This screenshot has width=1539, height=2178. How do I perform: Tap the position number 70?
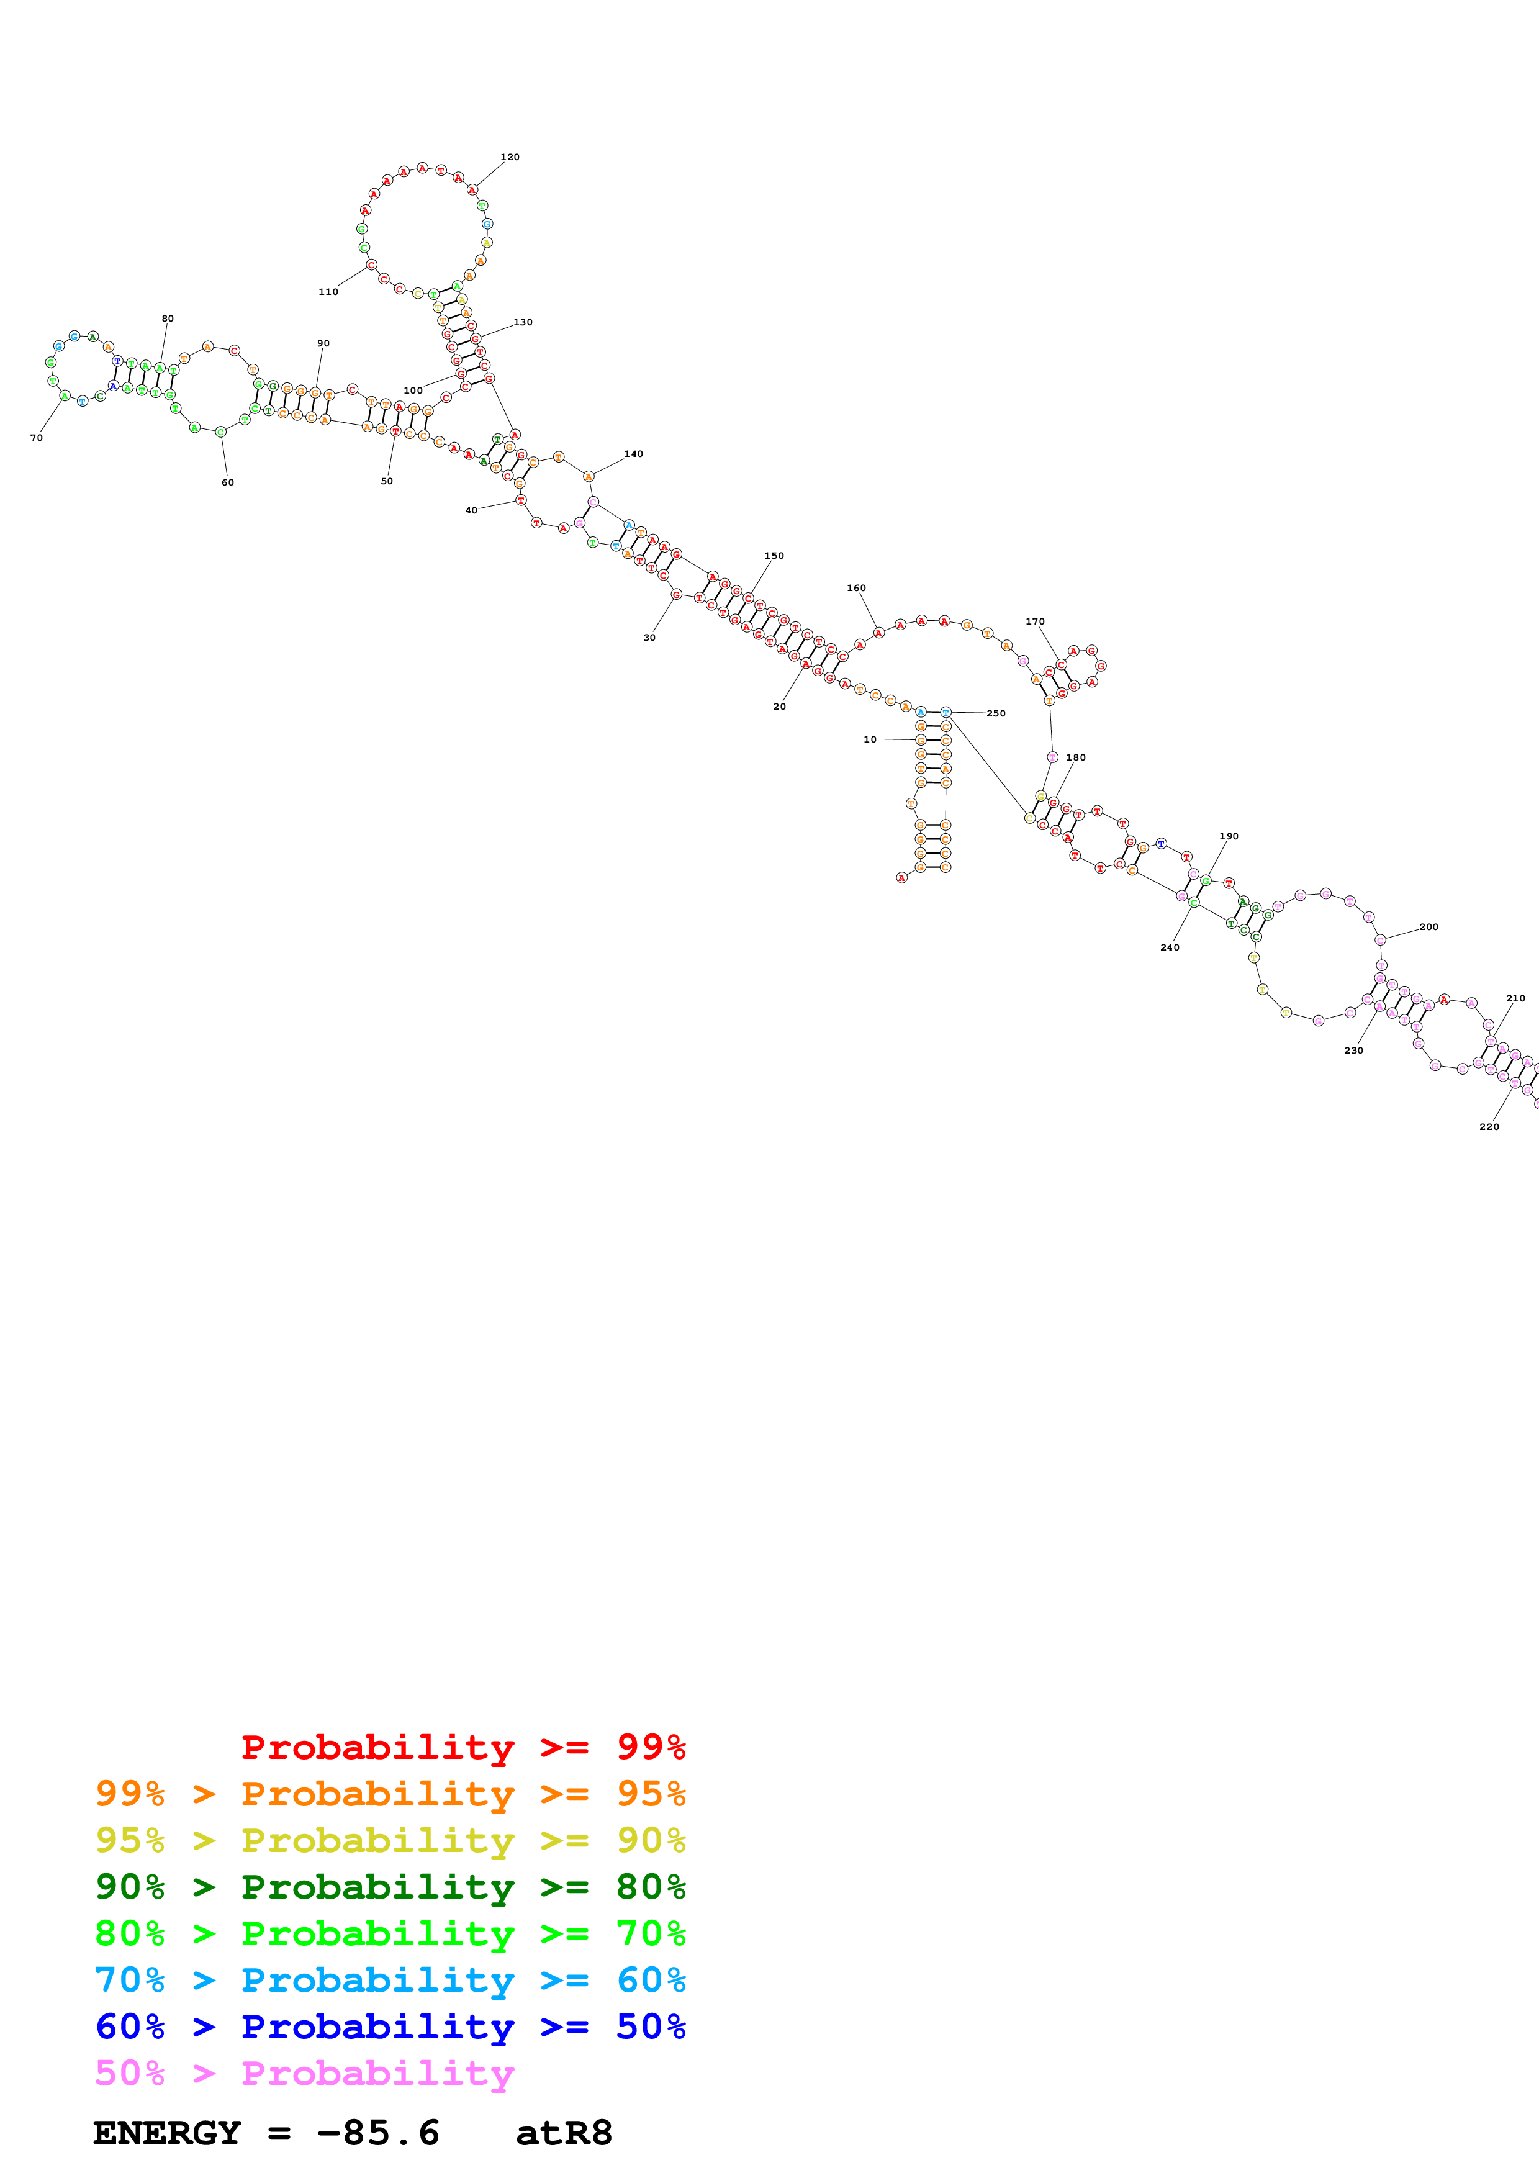[36, 437]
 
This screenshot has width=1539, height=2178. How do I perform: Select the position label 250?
[996, 713]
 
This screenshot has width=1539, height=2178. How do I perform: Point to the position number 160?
[856, 588]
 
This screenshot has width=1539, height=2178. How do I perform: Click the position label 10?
[870, 739]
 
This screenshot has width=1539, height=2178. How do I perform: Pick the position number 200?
[1428, 927]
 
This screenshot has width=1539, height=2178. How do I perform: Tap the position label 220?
[1489, 1127]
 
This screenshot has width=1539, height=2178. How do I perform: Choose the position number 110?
[328, 292]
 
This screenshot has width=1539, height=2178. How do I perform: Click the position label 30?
[649, 638]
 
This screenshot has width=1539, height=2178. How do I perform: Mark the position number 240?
[1170, 947]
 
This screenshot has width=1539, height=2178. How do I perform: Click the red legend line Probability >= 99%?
[463, 1747]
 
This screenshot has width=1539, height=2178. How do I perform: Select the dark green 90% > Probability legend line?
[390, 1887]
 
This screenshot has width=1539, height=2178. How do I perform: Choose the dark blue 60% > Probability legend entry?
[390, 2027]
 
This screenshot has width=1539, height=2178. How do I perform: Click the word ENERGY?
[167, 2133]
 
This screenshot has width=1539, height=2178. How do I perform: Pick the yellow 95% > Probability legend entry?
[390, 1840]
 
